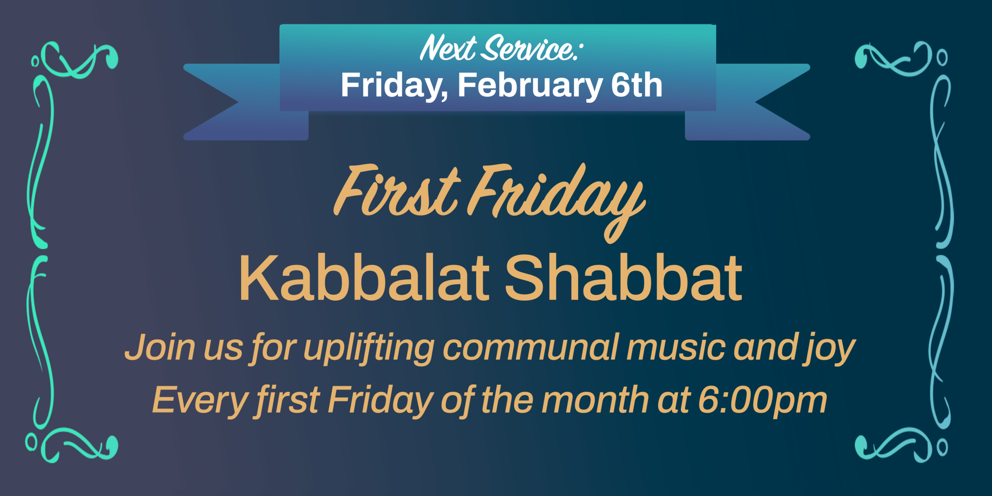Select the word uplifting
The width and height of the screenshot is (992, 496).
pyautogui.click(x=368, y=348)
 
